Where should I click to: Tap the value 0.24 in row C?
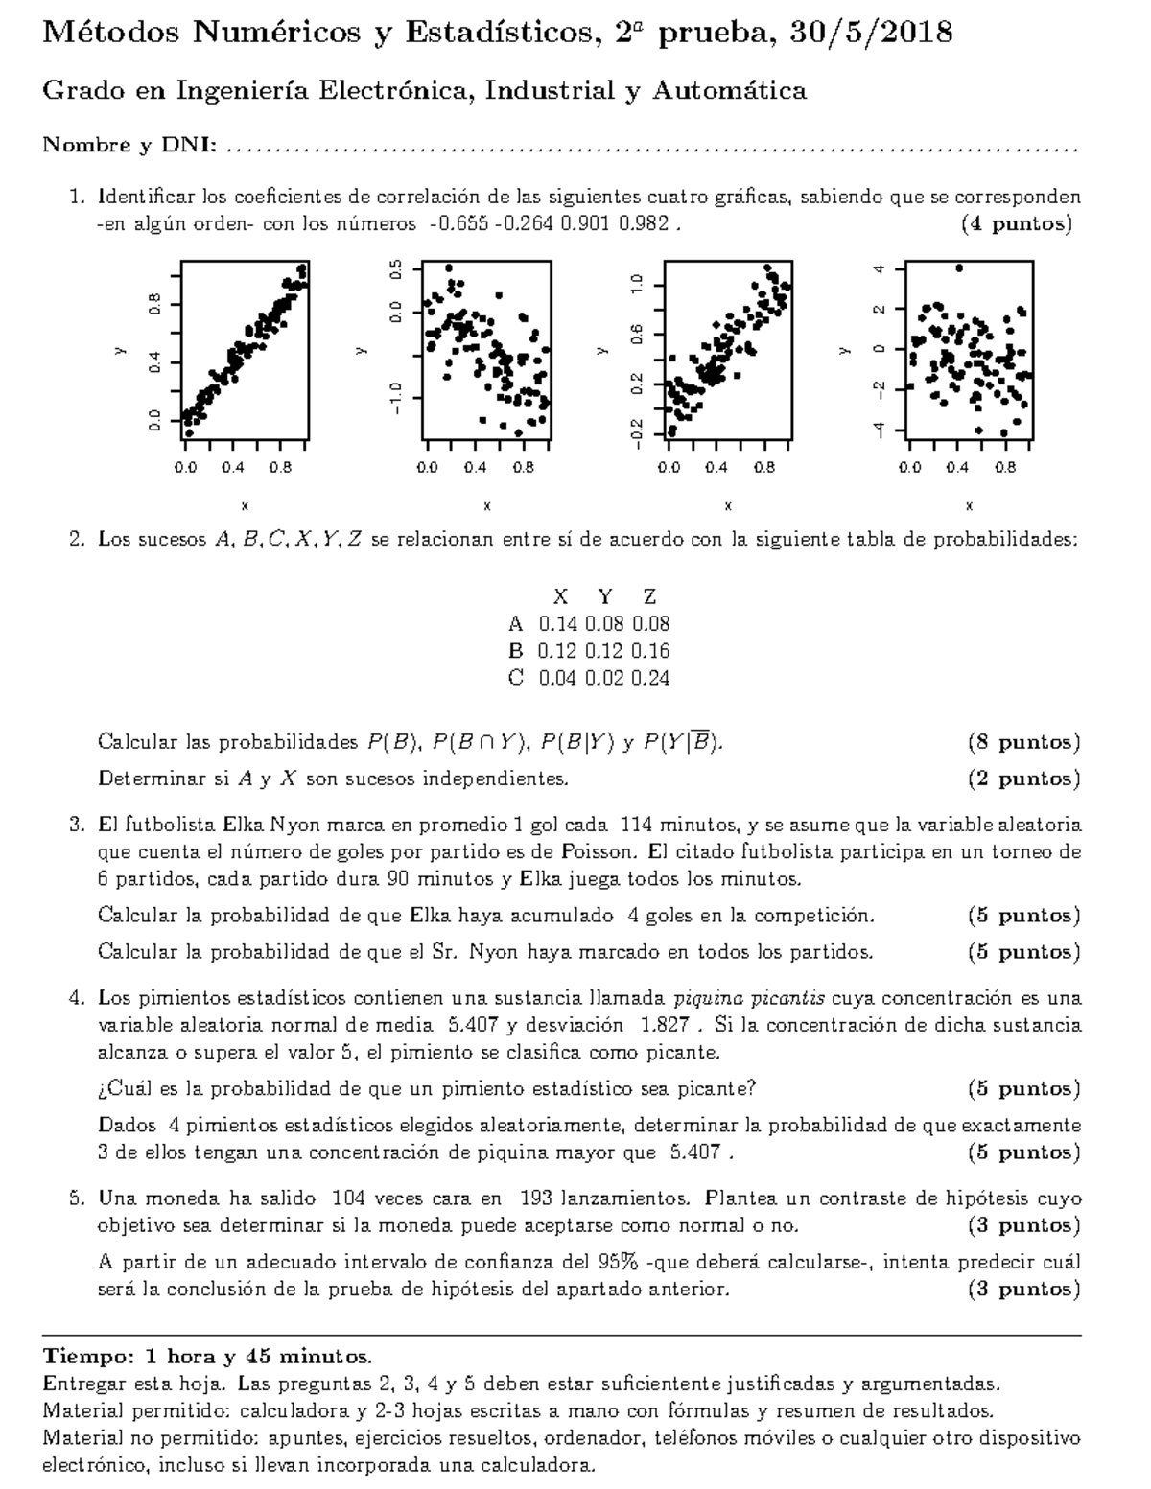tap(650, 678)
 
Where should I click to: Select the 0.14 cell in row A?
tap(558, 624)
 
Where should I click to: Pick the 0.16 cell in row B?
tap(650, 651)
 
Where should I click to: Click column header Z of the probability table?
tap(650, 596)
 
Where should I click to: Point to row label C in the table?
tap(516, 678)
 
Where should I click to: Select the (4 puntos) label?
tap(1016, 225)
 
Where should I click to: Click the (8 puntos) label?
tap(1023, 742)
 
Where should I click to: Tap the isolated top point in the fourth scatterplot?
tap(959, 268)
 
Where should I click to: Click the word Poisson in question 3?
tap(600, 851)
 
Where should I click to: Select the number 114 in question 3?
tap(637, 825)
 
